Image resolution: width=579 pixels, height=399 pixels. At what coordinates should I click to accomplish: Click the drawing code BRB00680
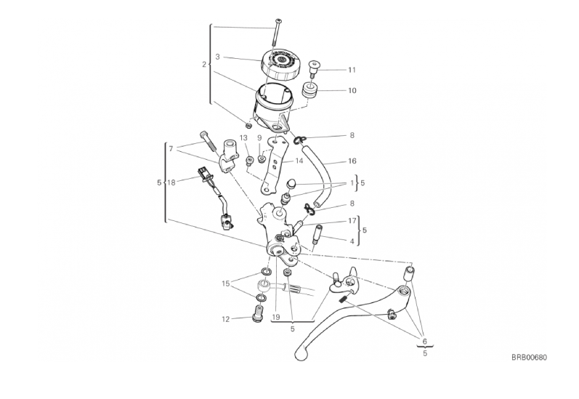tap(529, 358)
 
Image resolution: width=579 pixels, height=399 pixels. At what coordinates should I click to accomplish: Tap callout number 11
tap(352, 70)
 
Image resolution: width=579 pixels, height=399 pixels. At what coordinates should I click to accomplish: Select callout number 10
tap(352, 91)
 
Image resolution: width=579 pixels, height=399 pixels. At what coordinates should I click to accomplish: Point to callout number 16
tap(352, 161)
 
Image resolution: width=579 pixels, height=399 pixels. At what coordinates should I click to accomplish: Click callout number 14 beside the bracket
tap(299, 161)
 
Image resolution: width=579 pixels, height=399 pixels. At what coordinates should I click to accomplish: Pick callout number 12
tap(226, 319)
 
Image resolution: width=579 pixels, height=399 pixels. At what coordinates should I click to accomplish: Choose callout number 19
tap(276, 317)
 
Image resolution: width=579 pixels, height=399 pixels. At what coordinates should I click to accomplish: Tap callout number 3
tap(217, 57)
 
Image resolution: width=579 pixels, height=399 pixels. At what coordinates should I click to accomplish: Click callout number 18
tap(171, 182)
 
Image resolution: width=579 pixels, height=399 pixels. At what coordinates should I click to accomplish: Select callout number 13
tap(243, 138)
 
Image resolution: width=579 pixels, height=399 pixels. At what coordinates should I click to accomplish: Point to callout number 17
tap(352, 220)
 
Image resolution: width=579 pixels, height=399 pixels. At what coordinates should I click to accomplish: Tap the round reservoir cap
tap(280, 64)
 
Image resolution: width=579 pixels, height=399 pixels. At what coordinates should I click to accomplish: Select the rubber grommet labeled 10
tap(310, 91)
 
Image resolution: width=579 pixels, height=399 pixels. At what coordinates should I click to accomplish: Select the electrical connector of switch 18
tap(203, 173)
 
